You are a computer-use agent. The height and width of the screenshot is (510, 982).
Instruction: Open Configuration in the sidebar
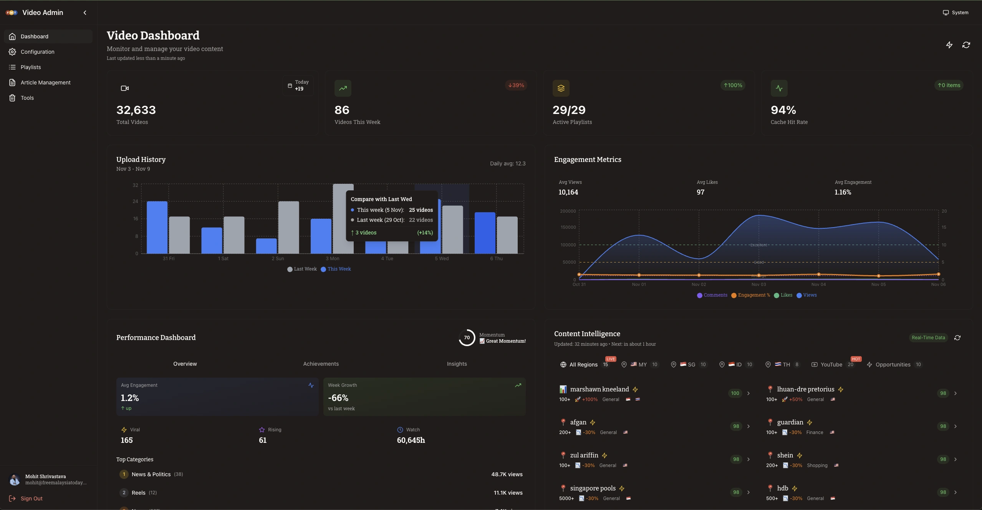click(37, 52)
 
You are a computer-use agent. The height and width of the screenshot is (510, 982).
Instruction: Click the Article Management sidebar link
click(45, 83)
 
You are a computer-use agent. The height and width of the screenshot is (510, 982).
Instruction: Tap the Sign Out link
click(31, 498)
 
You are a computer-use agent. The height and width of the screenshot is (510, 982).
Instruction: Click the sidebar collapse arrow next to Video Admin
click(85, 13)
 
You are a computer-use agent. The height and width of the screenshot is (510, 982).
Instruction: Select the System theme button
click(956, 13)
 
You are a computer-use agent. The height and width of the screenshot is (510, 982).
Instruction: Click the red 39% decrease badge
click(516, 85)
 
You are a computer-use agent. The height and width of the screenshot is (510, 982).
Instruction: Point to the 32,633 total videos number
click(136, 110)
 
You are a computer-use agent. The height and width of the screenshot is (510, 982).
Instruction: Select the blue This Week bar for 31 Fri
click(157, 227)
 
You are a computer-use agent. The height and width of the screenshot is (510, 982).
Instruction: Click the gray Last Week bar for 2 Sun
click(288, 227)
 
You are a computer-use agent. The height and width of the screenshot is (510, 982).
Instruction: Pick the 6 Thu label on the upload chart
click(496, 259)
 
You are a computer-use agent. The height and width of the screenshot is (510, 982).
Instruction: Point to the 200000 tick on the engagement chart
click(568, 211)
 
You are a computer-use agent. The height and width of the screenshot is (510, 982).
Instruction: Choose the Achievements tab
click(321, 364)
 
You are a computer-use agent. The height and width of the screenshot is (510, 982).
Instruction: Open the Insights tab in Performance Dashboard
click(457, 364)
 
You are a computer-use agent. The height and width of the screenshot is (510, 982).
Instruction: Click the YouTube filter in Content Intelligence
click(831, 365)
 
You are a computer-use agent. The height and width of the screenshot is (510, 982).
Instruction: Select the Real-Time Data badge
click(928, 338)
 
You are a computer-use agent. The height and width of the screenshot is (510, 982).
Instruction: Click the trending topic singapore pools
click(593, 488)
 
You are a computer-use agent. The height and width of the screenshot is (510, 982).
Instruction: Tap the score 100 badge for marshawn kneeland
click(735, 393)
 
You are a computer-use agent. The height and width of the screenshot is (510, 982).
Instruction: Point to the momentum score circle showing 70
click(467, 338)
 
